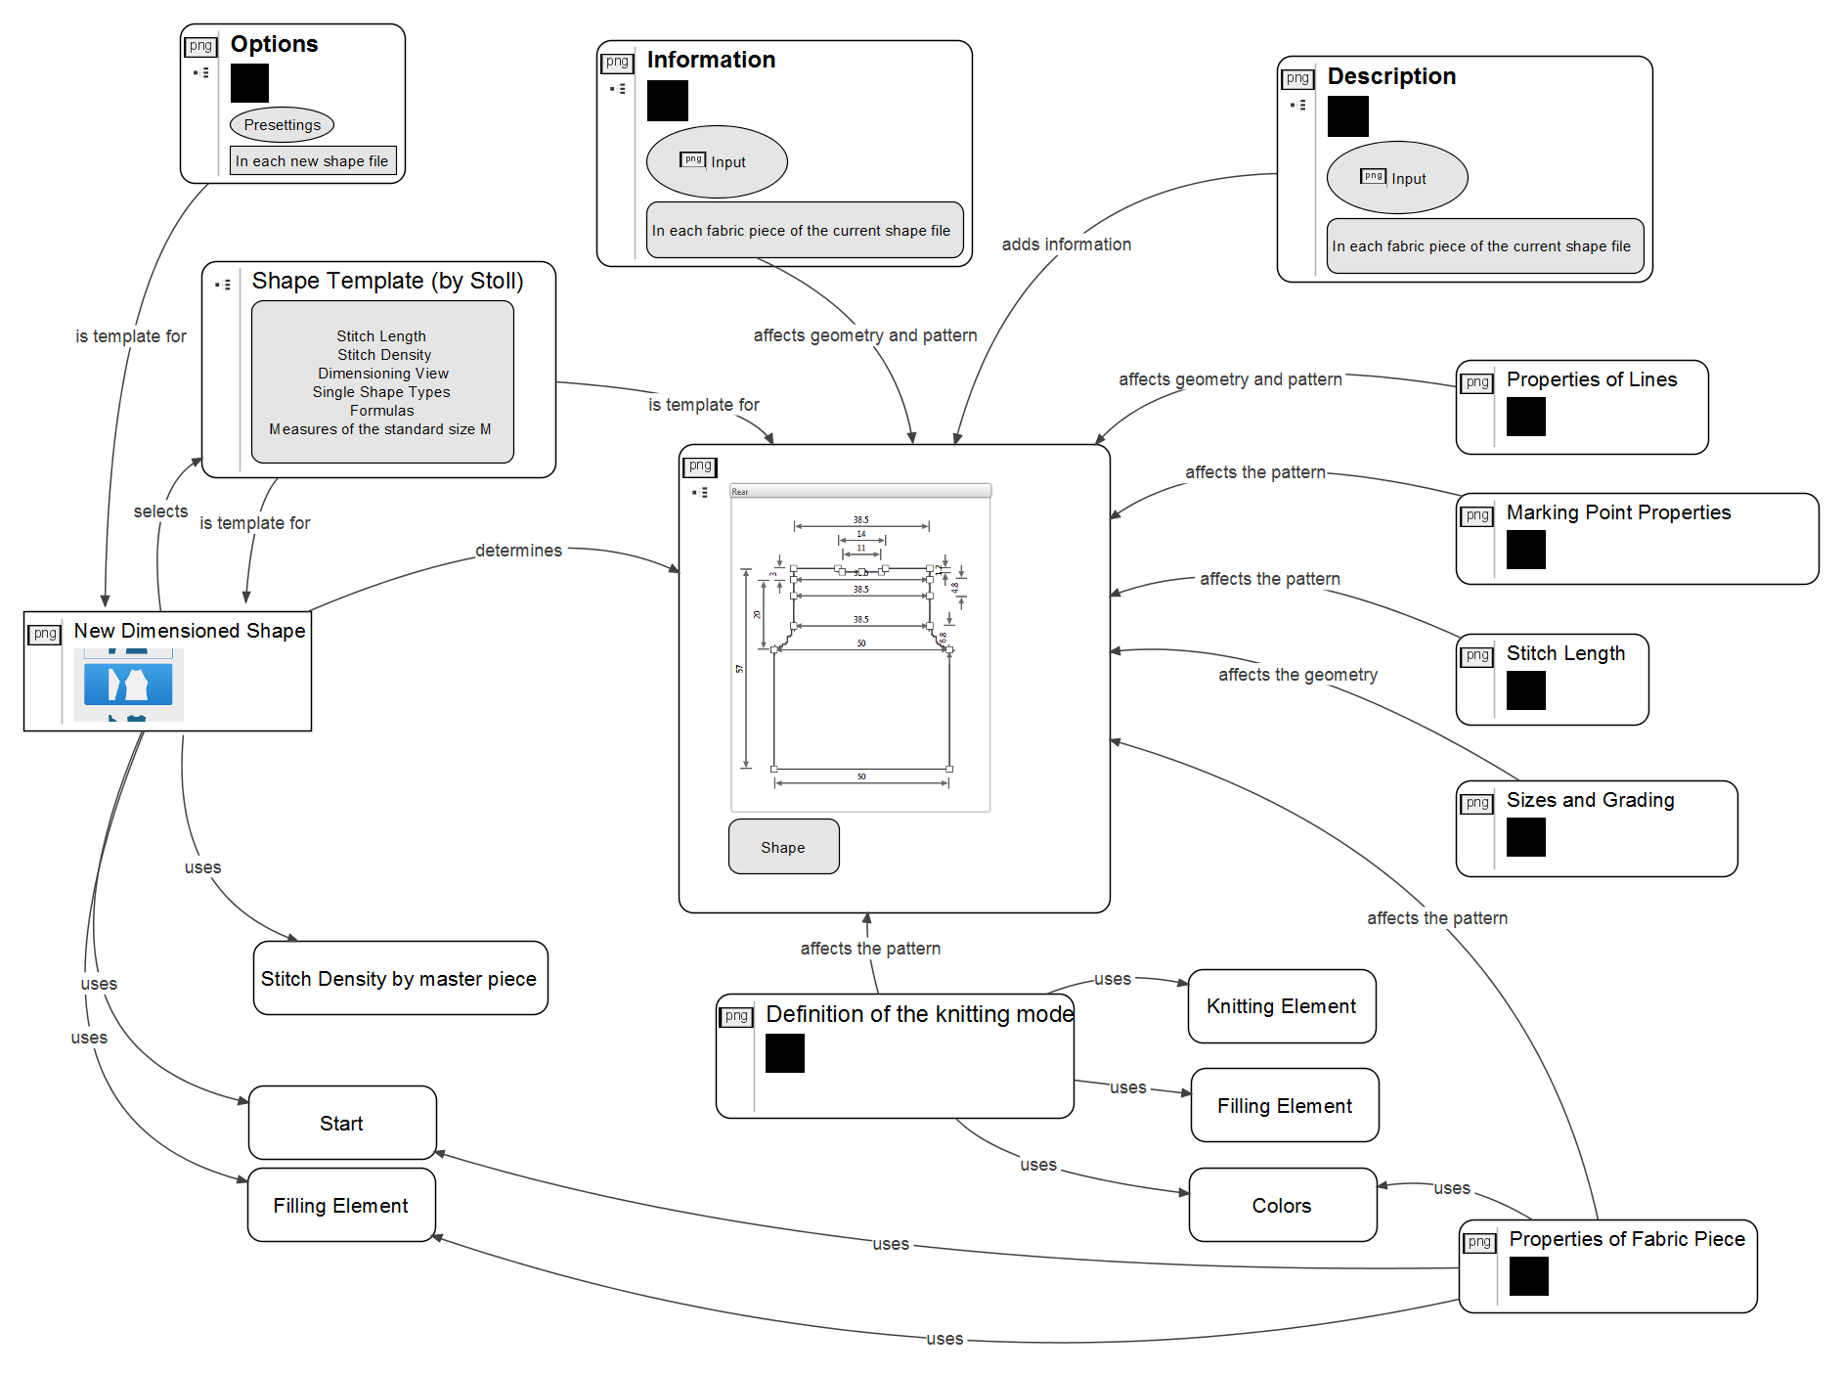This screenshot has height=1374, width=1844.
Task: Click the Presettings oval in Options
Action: click(x=282, y=125)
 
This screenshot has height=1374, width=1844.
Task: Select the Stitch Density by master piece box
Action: click(x=400, y=978)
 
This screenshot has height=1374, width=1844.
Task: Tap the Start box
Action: click(x=342, y=1123)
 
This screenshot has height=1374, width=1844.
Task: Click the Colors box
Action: click(x=1282, y=1205)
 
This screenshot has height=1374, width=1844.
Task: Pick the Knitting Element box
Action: click(x=1281, y=1006)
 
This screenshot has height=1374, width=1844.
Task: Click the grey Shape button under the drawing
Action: click(x=783, y=847)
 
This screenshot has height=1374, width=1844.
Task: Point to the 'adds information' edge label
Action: click(x=1066, y=244)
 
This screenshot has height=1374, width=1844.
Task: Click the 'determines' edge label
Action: click(x=518, y=551)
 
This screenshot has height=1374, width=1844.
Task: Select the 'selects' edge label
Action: click(x=160, y=511)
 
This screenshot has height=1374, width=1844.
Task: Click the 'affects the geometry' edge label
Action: click(x=1297, y=675)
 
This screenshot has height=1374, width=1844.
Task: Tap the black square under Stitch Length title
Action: click(x=1525, y=690)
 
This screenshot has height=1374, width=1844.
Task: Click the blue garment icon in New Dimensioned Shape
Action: click(x=128, y=685)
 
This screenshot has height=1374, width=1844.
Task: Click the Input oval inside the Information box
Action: click(x=717, y=161)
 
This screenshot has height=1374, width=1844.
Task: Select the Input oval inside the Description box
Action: click(x=1396, y=178)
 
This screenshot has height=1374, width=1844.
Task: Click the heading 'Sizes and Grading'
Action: click(x=1590, y=800)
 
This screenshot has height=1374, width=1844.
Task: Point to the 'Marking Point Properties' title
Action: click(x=1618, y=512)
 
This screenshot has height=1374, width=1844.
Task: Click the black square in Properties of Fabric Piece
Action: click(x=1528, y=1276)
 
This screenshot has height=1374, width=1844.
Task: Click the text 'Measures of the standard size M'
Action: click(x=380, y=429)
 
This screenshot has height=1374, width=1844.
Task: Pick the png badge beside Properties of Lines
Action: click(x=1476, y=382)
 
